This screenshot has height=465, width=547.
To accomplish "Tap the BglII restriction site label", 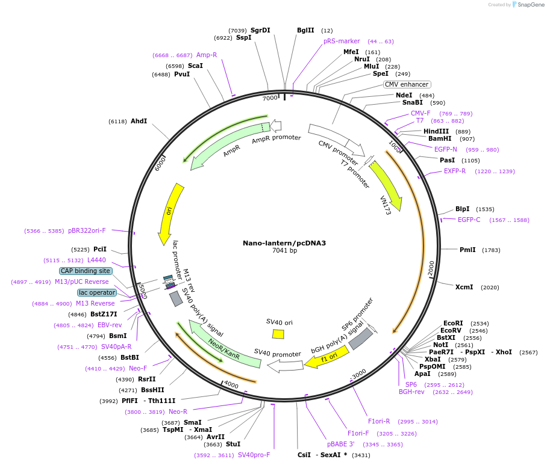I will (x=305, y=30).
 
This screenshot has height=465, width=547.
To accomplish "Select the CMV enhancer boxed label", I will (x=407, y=84).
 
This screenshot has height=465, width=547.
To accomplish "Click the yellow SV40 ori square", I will (x=278, y=333).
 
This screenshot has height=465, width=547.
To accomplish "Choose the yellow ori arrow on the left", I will (x=171, y=214).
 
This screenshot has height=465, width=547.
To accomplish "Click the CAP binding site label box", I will (x=86, y=271).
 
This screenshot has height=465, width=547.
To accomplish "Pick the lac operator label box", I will (x=96, y=292).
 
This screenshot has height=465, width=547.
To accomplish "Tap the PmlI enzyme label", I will (x=467, y=250).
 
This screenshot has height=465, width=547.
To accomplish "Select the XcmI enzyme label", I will (x=464, y=287).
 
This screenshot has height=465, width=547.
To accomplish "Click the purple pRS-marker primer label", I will (x=342, y=41).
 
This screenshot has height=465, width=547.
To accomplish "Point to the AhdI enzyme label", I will (x=139, y=121).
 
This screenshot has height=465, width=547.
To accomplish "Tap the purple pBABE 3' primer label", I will (x=340, y=444).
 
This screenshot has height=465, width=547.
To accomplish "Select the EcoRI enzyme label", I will (x=453, y=323).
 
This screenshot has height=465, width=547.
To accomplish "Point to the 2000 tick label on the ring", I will (x=431, y=269).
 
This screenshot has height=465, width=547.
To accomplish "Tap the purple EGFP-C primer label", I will (x=469, y=220).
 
